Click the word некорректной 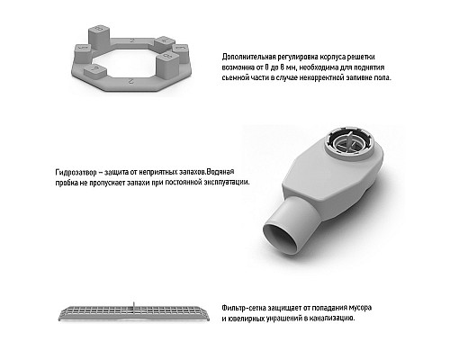[x=321, y=77]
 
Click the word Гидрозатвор [x=76, y=172]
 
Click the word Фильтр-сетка [x=244, y=308]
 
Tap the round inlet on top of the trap [x=349, y=144]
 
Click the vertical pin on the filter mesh [x=134, y=307]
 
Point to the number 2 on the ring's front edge [x=130, y=81]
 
